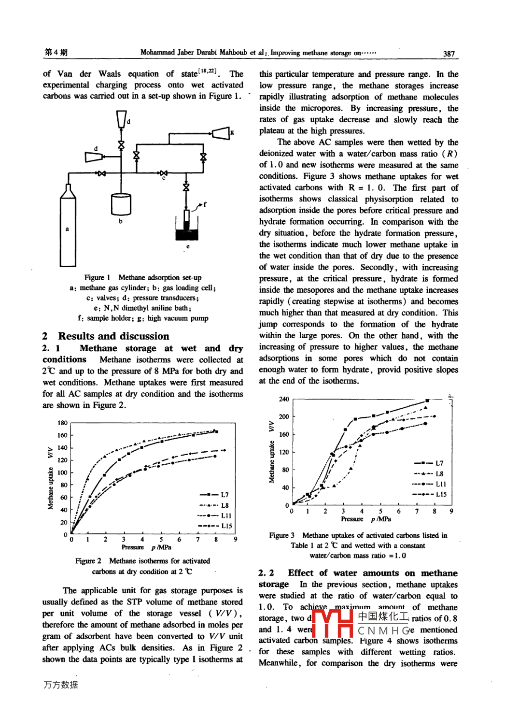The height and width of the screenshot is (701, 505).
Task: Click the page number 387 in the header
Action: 449,54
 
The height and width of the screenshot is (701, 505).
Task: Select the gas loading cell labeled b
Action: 121,204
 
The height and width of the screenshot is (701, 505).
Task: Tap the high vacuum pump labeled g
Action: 221,133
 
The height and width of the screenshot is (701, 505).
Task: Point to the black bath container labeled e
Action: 187,234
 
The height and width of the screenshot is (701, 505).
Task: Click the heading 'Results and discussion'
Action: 113,336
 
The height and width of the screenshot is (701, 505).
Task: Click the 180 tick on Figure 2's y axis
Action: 63,423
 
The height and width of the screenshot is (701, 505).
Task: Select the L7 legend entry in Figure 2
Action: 214,495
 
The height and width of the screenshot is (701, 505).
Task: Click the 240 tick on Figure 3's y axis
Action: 284,399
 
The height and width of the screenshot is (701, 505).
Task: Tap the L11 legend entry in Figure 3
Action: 429,484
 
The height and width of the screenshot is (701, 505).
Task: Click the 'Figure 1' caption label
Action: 97,277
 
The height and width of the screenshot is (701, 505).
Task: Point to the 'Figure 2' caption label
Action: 88,561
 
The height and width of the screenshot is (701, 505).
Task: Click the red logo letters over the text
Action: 334,624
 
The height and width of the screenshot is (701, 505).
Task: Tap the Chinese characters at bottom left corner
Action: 60,685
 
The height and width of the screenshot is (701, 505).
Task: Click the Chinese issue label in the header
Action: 56,52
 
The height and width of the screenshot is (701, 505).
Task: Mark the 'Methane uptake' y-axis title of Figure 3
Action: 271,461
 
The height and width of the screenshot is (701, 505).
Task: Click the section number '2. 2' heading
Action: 266,573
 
